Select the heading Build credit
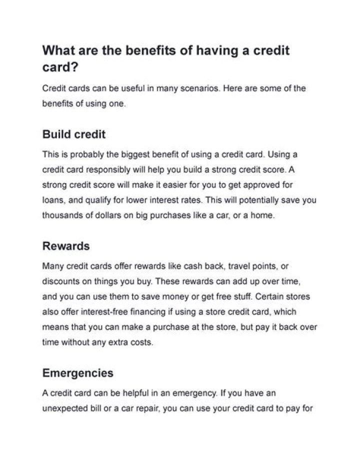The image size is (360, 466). click(x=74, y=135)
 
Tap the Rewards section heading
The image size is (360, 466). click(x=66, y=246)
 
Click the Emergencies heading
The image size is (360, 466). click(x=78, y=373)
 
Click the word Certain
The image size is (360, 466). click(x=269, y=297)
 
